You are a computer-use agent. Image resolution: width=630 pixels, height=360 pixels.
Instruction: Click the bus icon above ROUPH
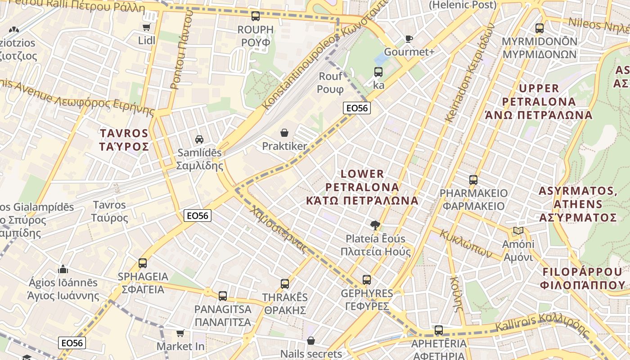point(256,16)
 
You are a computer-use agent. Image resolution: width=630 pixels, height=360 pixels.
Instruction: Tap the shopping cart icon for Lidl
point(146,27)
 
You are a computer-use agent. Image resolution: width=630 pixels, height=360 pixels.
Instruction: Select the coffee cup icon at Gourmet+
point(409,39)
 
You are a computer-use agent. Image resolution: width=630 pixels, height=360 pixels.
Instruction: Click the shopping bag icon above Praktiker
point(284,133)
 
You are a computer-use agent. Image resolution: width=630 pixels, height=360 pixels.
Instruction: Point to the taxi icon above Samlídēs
point(199,139)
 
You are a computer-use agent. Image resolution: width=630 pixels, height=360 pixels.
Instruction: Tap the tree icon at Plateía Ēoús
point(375,225)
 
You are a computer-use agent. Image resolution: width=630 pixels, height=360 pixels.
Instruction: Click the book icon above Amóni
point(518,231)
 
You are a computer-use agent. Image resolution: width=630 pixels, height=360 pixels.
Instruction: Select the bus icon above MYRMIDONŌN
point(540,28)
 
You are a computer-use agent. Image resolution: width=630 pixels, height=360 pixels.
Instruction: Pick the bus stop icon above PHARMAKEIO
point(473,180)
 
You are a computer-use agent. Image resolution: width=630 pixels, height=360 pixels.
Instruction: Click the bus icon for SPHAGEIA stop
point(143,263)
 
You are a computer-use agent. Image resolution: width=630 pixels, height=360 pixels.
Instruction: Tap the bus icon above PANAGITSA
point(223,296)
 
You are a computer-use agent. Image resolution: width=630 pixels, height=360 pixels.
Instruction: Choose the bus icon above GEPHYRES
point(367,280)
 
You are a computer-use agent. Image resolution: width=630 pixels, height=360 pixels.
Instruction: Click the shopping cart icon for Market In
point(180,333)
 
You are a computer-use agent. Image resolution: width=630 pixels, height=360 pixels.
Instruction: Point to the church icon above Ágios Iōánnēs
point(63,269)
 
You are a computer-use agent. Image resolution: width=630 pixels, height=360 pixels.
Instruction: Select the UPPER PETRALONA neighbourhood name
point(539,101)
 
